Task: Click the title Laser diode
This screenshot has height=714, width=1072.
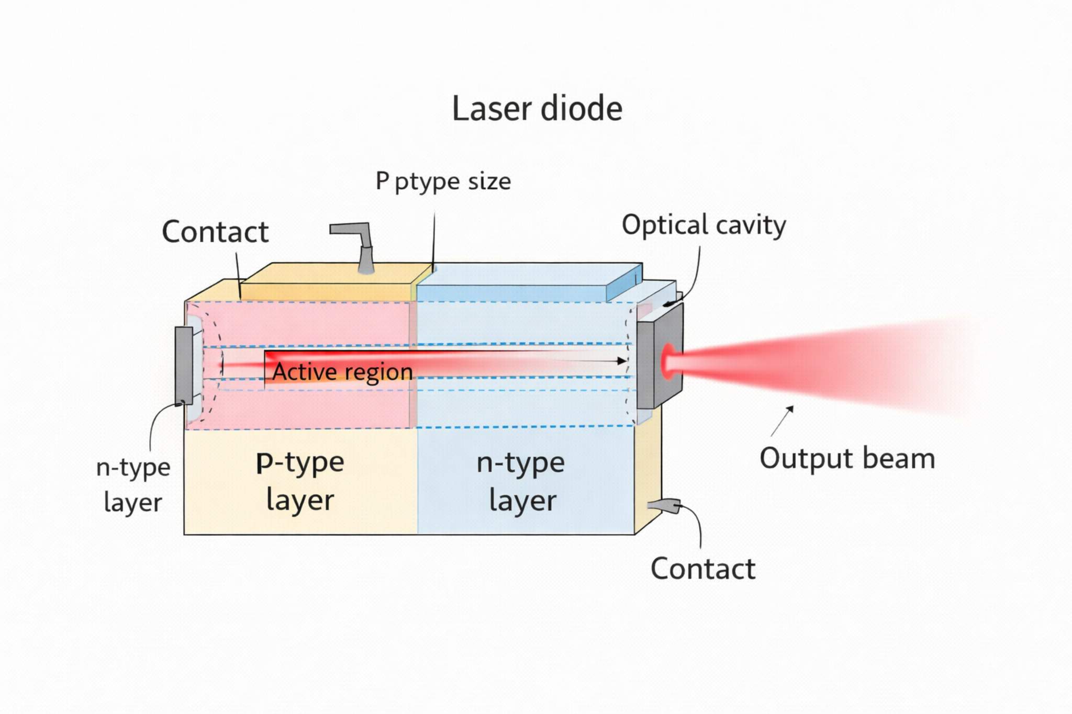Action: click(537, 109)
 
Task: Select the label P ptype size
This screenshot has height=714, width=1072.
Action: click(443, 182)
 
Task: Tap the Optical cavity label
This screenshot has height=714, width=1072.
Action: click(703, 225)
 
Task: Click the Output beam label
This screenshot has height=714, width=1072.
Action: click(847, 459)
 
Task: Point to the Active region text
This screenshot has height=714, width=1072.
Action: click(342, 372)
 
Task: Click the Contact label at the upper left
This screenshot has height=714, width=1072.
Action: click(215, 232)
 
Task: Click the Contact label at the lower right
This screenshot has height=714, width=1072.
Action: click(702, 569)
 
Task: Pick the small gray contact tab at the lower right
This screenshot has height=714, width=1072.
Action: click(664, 505)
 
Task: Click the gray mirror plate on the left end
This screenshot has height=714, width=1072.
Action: click(184, 365)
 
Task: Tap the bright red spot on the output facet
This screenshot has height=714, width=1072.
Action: click(668, 360)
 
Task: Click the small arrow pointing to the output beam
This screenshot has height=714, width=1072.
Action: click(783, 420)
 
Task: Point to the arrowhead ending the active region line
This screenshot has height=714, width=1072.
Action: click(622, 361)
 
